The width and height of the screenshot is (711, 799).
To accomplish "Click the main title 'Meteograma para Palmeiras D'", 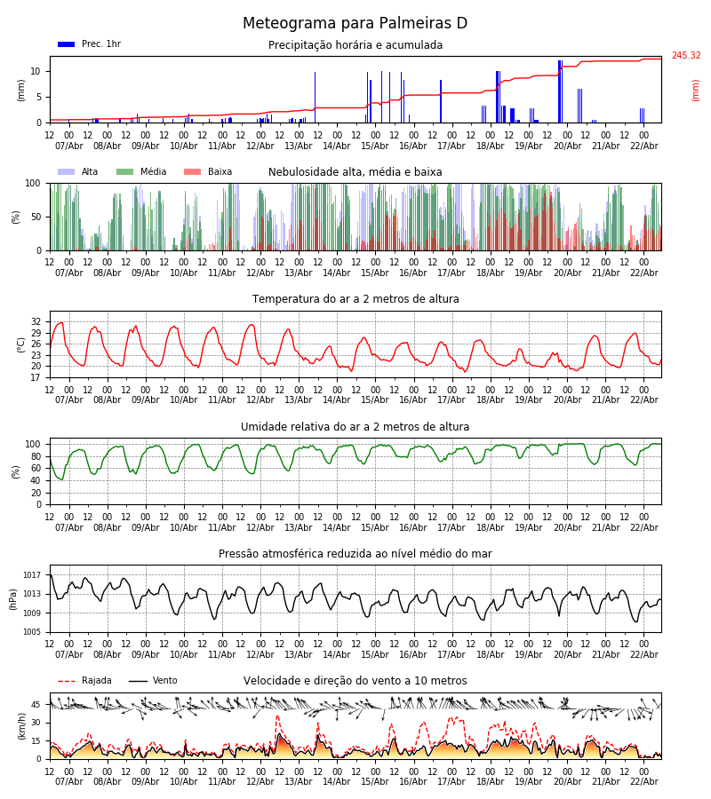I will pos(355,24).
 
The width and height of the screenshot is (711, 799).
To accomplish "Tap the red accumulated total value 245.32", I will pos(685,56).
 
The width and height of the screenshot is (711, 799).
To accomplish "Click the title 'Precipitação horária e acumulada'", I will pos(355,45).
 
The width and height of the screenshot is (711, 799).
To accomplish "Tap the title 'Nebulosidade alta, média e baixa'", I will pos(355,172).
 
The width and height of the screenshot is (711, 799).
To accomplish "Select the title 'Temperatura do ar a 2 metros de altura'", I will pos(355,299).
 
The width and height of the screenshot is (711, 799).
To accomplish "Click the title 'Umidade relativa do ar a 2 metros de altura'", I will pos(355,427).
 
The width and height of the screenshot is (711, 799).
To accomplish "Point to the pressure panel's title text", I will pos(355,554).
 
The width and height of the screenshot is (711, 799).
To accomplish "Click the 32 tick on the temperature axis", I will pos(36,321).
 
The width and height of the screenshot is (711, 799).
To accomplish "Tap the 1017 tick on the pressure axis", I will pos(33,575).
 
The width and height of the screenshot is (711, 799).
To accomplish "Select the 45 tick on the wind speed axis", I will pos(36,705).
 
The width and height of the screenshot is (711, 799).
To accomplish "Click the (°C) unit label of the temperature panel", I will pos(21,344).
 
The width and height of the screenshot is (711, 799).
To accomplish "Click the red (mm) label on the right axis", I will pos(696,90).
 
